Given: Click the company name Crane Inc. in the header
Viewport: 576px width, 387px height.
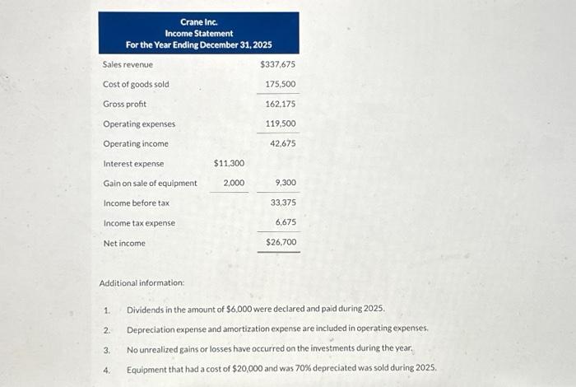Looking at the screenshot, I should (198, 21).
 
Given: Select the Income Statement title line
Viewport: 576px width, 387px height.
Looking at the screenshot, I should (198, 33).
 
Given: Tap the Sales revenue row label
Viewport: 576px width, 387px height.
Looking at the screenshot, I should (128, 64).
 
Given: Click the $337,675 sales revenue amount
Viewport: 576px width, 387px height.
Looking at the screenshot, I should (277, 64).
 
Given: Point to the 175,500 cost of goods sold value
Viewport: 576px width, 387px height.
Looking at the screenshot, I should (281, 84).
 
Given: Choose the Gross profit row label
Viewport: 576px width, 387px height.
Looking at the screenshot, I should (126, 104).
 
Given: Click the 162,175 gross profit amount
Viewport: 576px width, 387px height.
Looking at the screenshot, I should (281, 104).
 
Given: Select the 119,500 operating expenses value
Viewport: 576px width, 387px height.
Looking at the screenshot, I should (281, 124).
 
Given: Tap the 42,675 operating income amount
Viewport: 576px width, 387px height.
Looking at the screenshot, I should (282, 143).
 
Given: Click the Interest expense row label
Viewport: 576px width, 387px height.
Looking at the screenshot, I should (133, 164).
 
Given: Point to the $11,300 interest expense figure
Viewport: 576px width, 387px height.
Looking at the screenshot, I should (229, 164).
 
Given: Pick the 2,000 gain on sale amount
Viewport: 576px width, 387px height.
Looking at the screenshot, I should (234, 183).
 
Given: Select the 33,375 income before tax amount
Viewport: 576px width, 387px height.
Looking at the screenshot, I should (282, 203).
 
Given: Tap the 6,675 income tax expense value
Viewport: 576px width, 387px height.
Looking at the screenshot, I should (285, 222).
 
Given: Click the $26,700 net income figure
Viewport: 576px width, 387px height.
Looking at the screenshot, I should (281, 243).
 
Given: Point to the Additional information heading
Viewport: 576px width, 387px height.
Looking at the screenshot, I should (142, 283).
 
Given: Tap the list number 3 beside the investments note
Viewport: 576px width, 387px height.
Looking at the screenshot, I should (106, 349).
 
